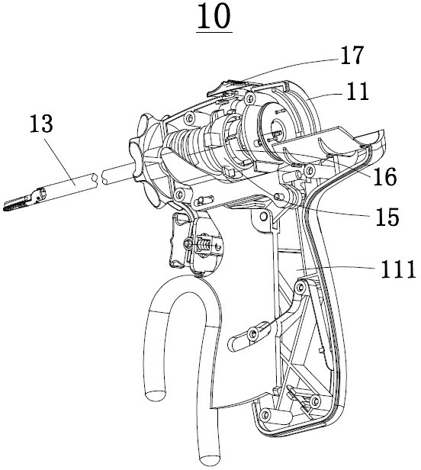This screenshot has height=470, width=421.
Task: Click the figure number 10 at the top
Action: point(214,17)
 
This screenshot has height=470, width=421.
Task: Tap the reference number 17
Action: point(352,55)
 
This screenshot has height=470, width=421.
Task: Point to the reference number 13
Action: point(41,123)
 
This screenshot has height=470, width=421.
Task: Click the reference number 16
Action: point(384,176)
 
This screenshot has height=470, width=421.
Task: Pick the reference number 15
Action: point(387,217)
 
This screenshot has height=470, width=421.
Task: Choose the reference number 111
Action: point(398,269)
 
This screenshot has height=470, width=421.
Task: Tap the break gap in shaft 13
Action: point(98,179)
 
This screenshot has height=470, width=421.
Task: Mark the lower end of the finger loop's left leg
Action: point(155,395)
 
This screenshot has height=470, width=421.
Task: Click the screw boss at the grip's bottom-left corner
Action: point(265,414)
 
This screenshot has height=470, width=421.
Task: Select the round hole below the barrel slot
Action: point(264,216)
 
